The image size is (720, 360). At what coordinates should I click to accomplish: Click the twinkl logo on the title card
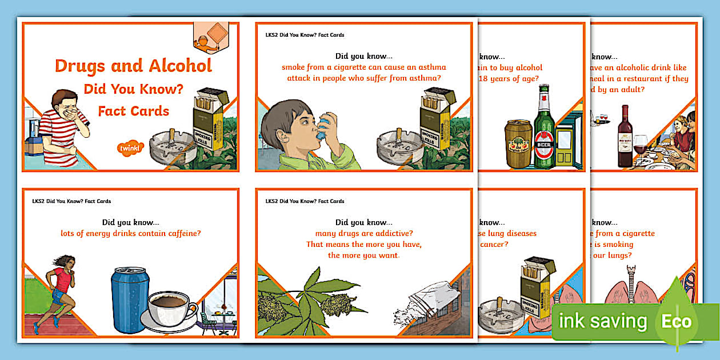pyautogui.click(x=131, y=149)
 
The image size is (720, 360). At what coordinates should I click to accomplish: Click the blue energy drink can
pyautogui.click(x=130, y=299)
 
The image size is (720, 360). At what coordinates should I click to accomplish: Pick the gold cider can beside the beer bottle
pyautogui.click(x=518, y=144)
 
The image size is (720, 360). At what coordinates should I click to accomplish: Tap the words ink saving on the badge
pyautogui.click(x=602, y=322)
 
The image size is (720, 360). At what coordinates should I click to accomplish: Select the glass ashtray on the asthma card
pyautogui.click(x=399, y=150)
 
